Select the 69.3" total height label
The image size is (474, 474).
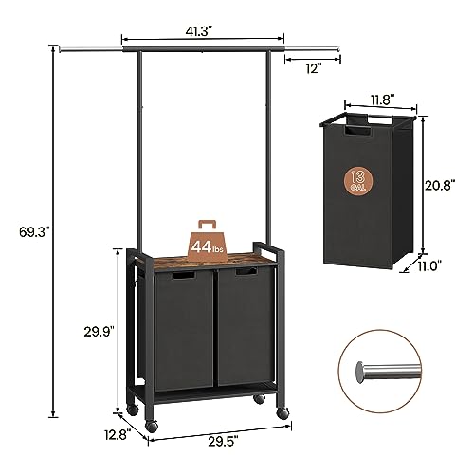[28, 229]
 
